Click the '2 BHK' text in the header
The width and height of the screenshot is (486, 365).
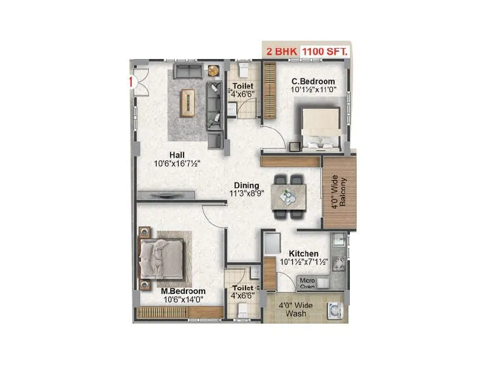point(282,52)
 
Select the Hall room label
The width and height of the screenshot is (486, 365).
point(177,155)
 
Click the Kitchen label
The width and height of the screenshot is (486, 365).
point(303,253)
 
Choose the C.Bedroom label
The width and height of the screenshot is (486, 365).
point(313,82)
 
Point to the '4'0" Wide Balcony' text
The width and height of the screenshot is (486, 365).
point(338,193)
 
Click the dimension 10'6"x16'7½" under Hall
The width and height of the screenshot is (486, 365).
point(177,164)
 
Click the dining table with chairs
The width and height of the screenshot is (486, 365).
point(289,196)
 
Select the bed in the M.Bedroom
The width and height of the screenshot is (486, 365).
point(162,257)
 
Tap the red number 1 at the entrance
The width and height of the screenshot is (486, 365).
point(130,82)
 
